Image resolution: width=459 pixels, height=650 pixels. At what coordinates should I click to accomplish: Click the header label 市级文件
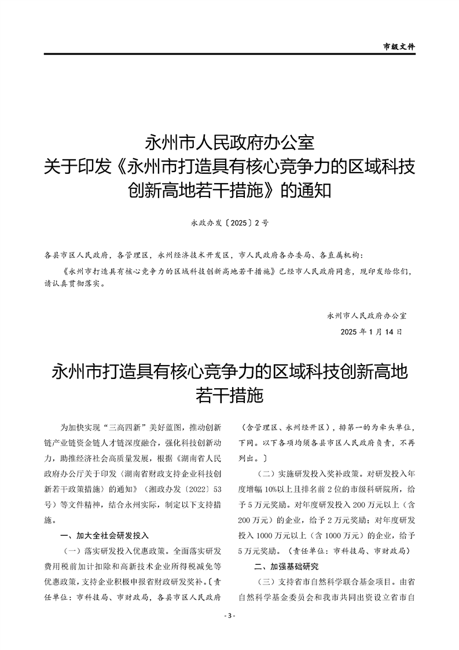pyautogui.click(x=399, y=46)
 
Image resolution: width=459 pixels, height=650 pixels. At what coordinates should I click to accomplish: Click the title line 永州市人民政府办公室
pyautogui.click(x=229, y=143)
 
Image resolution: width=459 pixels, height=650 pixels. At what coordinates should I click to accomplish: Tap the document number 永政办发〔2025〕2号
pyautogui.click(x=229, y=221)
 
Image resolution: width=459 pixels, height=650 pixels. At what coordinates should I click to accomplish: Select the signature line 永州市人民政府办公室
pyautogui.click(x=366, y=316)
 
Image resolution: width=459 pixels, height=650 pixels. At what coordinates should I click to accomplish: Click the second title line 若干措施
pyautogui.click(x=229, y=396)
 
